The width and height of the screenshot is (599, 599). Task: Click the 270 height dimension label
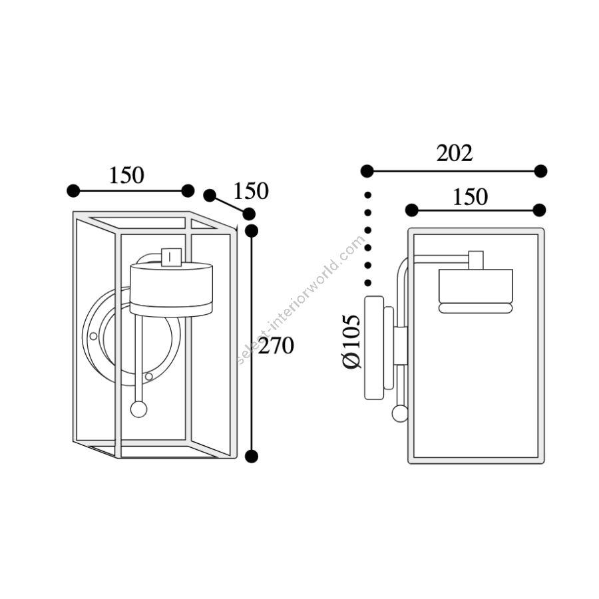(276, 345)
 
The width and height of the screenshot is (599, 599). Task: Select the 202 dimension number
(455, 153)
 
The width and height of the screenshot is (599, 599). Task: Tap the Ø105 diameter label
(351, 341)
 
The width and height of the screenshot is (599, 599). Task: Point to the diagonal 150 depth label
(251, 191)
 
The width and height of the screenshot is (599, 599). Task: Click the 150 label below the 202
(471, 197)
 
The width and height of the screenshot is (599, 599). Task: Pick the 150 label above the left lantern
(126, 175)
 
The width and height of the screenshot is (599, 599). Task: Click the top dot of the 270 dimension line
(252, 231)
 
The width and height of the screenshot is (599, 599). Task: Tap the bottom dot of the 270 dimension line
(252, 456)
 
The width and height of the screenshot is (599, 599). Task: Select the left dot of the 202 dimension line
(367, 171)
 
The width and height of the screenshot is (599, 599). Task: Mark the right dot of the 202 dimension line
(540, 171)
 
